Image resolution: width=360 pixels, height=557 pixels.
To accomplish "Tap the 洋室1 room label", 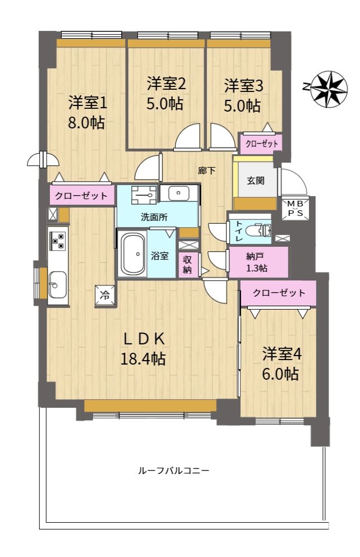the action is pyautogui.click(x=87, y=103).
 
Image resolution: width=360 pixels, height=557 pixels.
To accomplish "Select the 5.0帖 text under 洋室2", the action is pyautogui.click(x=165, y=103).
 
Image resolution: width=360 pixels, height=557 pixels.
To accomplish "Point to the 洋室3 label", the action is pyautogui.click(x=243, y=86).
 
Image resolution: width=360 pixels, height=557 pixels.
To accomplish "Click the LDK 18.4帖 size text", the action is pyautogui.click(x=144, y=359).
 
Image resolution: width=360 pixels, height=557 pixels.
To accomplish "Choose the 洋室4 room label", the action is pyautogui.click(x=282, y=354).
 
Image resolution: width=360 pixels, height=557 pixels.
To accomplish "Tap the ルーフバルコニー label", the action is pyautogui.click(x=173, y=471).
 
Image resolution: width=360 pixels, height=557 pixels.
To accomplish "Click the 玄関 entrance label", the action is pyautogui.click(x=256, y=181).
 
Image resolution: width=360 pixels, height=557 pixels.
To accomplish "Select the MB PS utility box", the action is pyautogui.click(x=296, y=209).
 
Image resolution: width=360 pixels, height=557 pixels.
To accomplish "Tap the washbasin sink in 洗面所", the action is pyautogui.click(x=178, y=194).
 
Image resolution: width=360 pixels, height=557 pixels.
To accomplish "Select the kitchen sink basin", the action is pyautogui.click(x=57, y=285).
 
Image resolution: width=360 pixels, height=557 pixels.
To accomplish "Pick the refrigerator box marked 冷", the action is pyautogui.click(x=104, y=295).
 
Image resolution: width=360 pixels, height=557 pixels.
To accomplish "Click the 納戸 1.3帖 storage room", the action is pyautogui.click(x=258, y=262).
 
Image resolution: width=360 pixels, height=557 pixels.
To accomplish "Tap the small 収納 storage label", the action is pyautogui.click(x=187, y=265).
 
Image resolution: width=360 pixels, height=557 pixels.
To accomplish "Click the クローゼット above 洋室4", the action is pyautogui.click(x=279, y=293).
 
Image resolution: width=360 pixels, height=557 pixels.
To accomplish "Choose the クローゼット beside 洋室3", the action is pyautogui.click(x=262, y=144).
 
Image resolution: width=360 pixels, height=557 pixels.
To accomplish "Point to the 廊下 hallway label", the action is pyautogui.click(x=206, y=171).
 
